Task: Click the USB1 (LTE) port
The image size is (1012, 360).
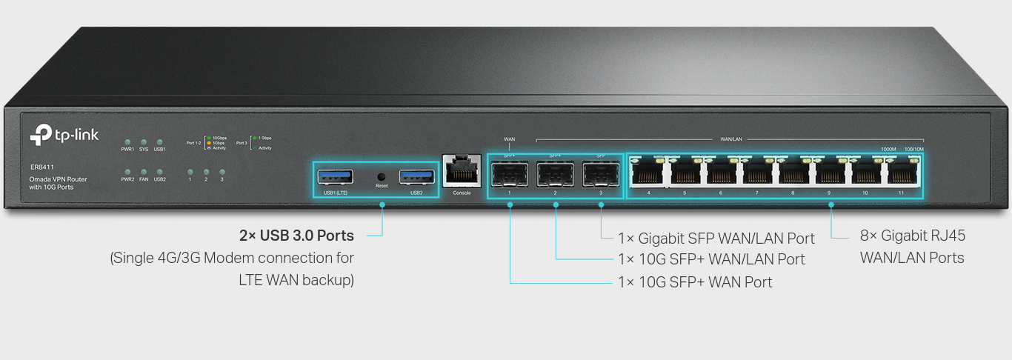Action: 335,176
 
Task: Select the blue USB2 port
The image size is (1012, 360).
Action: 416,176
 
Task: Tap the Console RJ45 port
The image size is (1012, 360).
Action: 461,173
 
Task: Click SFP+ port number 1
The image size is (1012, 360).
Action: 510,176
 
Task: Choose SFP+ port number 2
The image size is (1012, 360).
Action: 555,176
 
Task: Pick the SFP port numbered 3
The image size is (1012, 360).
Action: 600,176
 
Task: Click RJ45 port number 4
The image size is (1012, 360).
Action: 648,174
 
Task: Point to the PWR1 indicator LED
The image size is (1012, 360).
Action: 127,141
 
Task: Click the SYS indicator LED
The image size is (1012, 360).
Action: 144,141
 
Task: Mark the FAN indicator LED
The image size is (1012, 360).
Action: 144,171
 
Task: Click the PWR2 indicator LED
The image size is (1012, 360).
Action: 127,171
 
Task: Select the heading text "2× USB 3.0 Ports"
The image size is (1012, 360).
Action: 296,236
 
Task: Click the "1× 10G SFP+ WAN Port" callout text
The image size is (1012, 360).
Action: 695,282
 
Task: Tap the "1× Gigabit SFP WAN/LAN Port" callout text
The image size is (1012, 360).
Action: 716,239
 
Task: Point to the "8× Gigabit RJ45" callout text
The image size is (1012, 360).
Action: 912,236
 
